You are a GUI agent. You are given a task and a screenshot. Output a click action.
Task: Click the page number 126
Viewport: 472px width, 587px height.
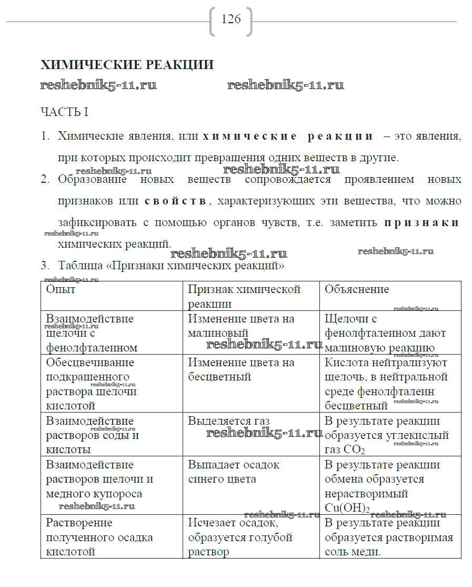point(231,19)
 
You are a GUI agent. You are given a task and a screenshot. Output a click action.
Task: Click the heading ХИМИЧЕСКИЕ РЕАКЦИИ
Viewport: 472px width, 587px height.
point(127,65)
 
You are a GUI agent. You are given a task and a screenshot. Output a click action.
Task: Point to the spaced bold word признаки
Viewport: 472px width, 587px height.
point(421,223)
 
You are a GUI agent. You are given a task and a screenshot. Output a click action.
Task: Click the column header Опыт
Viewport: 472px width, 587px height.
point(61,289)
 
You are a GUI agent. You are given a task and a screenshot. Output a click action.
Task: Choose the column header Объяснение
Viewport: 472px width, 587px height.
point(357,289)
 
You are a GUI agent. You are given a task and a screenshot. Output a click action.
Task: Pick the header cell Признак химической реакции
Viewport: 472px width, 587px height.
point(244,296)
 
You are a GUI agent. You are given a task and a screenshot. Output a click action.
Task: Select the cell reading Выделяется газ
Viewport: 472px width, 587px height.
point(229,421)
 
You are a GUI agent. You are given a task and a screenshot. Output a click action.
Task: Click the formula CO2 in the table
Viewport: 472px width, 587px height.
point(356,450)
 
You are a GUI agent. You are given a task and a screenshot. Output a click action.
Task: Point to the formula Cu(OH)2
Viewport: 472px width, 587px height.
point(347,508)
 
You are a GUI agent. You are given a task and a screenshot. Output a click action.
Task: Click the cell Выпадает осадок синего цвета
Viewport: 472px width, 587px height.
point(234,472)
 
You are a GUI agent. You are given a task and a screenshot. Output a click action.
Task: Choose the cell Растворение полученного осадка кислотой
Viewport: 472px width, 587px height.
point(99,537)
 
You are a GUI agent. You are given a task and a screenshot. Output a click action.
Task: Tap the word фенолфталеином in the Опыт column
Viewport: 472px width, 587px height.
point(92,348)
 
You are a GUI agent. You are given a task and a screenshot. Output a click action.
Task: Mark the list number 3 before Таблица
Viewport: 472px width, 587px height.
point(45,266)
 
